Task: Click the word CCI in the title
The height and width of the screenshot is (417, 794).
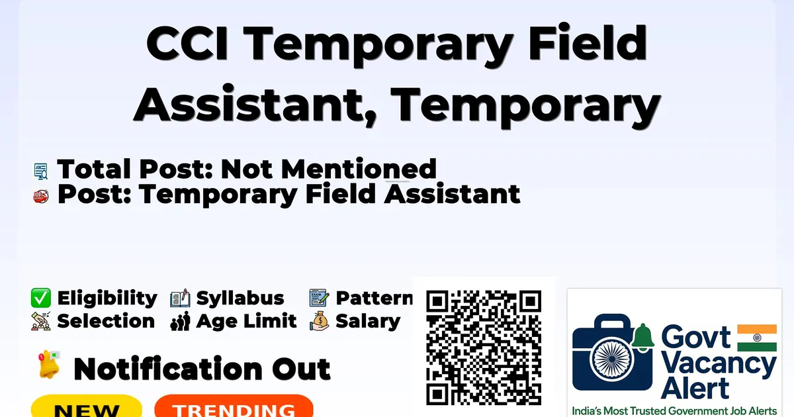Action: click(x=187, y=43)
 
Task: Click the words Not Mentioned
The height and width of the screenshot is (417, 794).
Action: click(x=329, y=169)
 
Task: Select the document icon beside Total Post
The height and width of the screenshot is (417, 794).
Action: click(x=41, y=171)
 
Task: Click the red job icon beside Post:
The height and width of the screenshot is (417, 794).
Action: click(x=41, y=196)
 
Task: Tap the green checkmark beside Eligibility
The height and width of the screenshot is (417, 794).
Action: click(x=41, y=298)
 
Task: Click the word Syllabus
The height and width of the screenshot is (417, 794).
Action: click(x=240, y=299)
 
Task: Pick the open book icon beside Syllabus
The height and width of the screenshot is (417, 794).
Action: click(x=180, y=298)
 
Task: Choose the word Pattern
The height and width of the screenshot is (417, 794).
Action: click(x=375, y=298)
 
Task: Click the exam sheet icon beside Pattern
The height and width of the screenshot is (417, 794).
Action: click(x=319, y=297)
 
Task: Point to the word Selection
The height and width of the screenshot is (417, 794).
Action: click(x=106, y=321)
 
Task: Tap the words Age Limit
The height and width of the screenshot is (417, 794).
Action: click(x=246, y=322)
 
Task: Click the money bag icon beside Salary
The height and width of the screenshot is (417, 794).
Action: click(x=319, y=321)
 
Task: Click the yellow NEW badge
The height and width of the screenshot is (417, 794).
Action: click(x=87, y=406)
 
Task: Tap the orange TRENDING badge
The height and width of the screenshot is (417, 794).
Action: click(x=234, y=406)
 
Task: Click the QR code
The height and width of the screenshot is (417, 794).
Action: click(x=484, y=347)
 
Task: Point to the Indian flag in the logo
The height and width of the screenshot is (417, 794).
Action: click(x=757, y=338)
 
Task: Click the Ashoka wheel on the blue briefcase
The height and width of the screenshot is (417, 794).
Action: click(x=612, y=359)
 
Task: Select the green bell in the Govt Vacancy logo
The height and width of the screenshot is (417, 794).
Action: click(x=643, y=337)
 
